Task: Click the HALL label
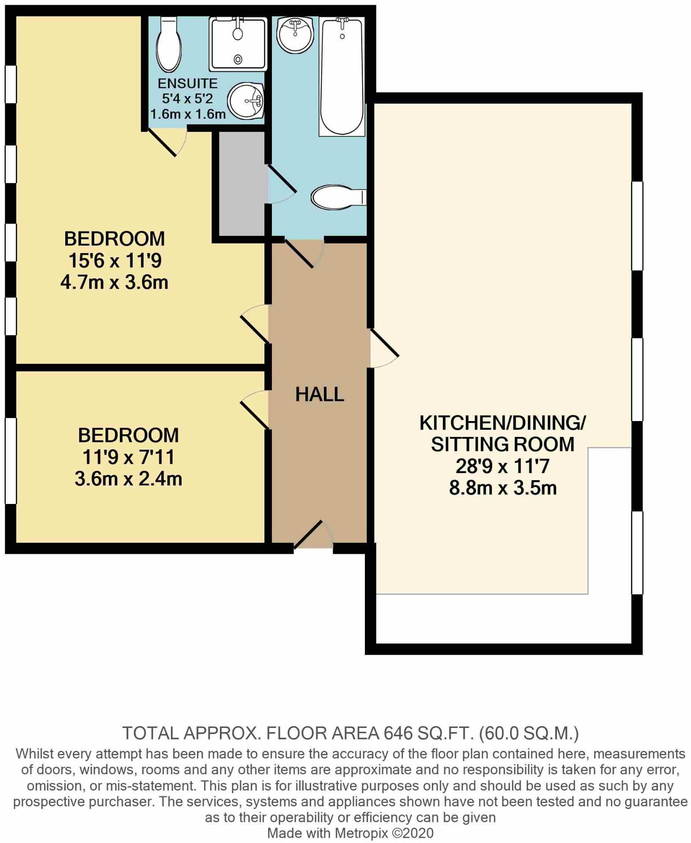pos(319,394)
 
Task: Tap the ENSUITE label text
pos(188,83)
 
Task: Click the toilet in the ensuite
pos(169,45)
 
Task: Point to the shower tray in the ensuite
pos(238,44)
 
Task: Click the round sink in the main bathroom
pos(295,35)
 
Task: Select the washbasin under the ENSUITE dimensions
pos(246,101)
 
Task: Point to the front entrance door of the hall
pos(313,534)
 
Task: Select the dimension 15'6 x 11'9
pos(115,261)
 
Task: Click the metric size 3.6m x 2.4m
pos(128,479)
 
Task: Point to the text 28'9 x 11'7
pos(503,466)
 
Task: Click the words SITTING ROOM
pos(503,444)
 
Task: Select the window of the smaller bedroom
pos(11,461)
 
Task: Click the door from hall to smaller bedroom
pos(255,410)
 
